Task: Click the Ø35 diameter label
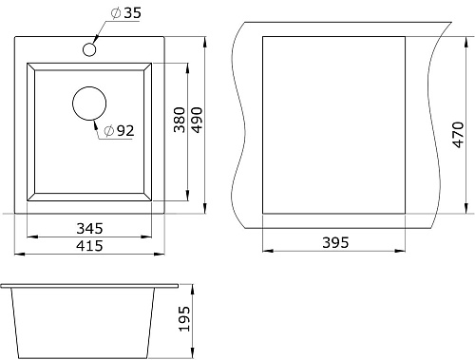coord(126,13)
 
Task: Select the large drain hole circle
coord(89,104)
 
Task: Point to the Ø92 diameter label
coord(119,131)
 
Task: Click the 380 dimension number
coord(180,120)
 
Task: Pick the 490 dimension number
coord(197,120)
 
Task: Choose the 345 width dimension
coord(89,228)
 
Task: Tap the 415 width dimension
coord(89,246)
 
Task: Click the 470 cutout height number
coord(458,135)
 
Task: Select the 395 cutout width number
coord(335,243)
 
